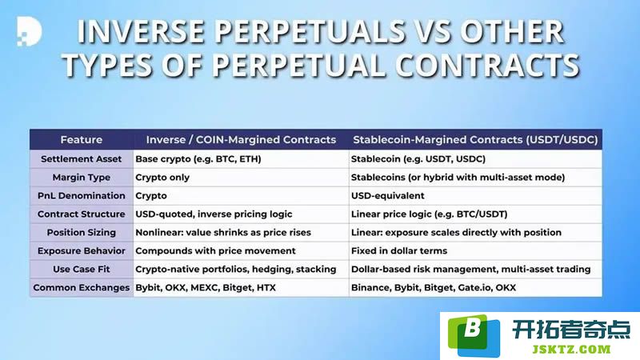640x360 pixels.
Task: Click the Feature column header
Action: point(82,139)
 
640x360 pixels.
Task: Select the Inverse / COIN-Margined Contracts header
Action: point(241,139)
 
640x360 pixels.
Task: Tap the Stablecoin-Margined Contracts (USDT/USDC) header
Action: point(475,139)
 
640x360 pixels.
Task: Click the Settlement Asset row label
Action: point(82,158)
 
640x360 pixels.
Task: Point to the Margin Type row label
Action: point(82,178)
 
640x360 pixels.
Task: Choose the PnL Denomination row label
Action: point(82,196)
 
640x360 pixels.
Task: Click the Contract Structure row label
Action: point(82,214)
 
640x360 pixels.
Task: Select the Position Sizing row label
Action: point(82,233)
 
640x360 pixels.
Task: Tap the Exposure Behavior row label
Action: point(82,250)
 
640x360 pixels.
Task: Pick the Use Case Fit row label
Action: point(82,269)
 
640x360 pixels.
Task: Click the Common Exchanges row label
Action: point(82,287)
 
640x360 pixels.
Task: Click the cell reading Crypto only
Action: point(162,178)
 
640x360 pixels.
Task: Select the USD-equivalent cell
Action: point(388,196)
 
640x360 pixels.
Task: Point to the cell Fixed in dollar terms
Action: point(399,250)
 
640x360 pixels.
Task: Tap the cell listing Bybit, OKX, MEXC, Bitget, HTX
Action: point(206,287)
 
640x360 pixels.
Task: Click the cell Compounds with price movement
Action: point(215,250)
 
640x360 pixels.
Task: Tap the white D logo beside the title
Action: point(29,31)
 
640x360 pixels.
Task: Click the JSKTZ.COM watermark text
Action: point(571,350)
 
